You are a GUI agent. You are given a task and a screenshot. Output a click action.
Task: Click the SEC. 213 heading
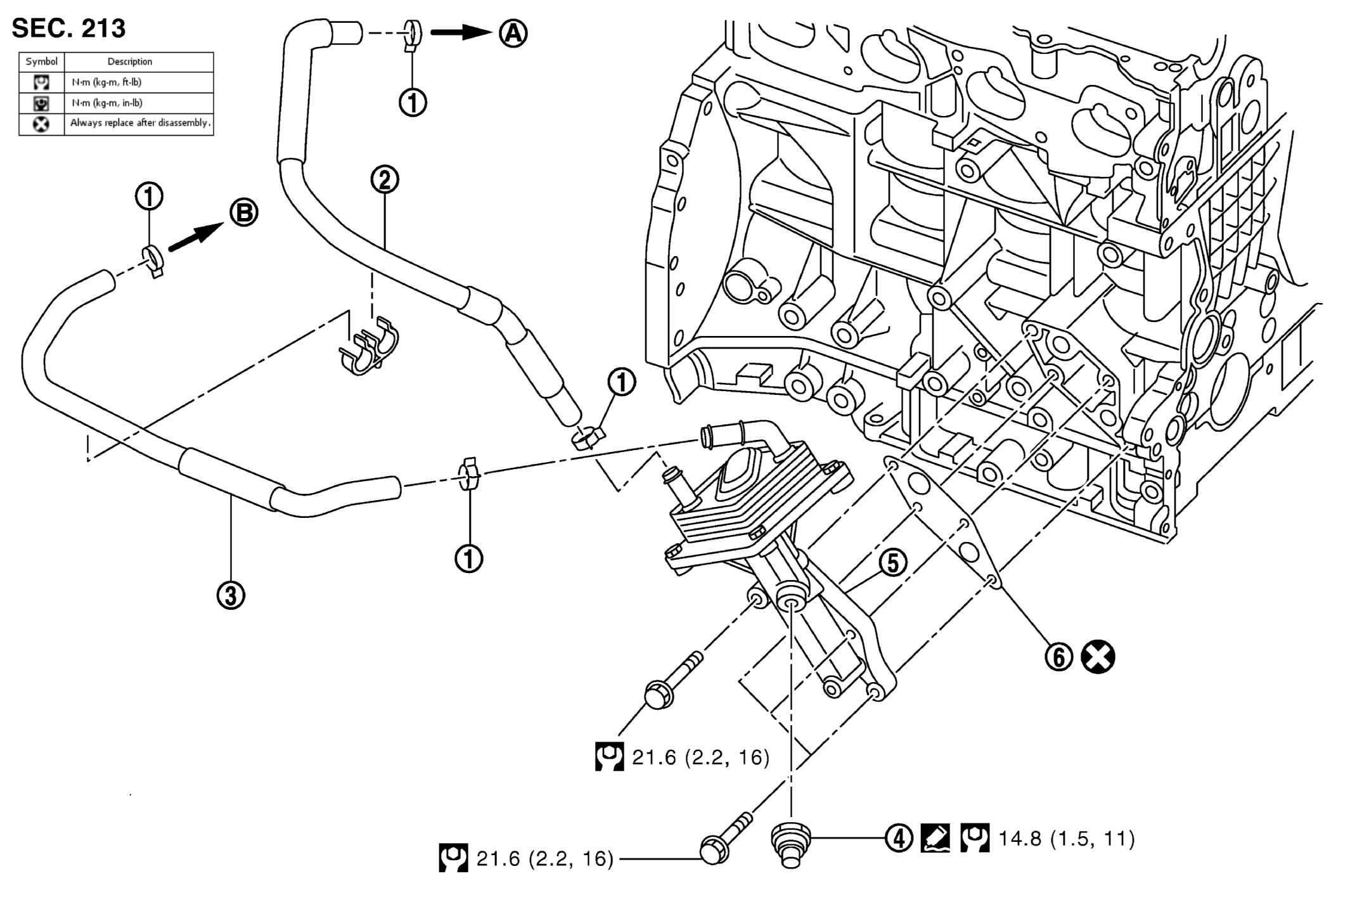[68, 29]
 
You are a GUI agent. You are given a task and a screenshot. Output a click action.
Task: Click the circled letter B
[243, 214]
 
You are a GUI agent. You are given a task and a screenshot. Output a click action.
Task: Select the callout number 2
[385, 180]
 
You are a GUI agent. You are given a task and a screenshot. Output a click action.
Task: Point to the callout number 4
[899, 839]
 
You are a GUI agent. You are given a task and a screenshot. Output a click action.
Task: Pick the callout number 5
[892, 562]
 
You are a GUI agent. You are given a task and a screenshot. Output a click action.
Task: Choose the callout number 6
[1058, 657]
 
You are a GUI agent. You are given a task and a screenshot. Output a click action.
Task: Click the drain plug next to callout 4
[790, 844]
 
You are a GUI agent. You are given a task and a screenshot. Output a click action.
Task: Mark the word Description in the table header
[130, 61]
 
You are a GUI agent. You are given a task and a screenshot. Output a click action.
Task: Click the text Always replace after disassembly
[139, 123]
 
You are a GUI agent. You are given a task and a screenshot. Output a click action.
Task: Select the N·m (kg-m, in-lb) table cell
[107, 103]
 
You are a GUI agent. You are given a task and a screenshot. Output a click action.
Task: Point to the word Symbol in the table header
[42, 61]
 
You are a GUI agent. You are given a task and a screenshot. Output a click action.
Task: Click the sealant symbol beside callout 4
[935, 838]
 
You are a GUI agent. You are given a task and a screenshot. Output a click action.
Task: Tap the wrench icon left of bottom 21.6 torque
[453, 858]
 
